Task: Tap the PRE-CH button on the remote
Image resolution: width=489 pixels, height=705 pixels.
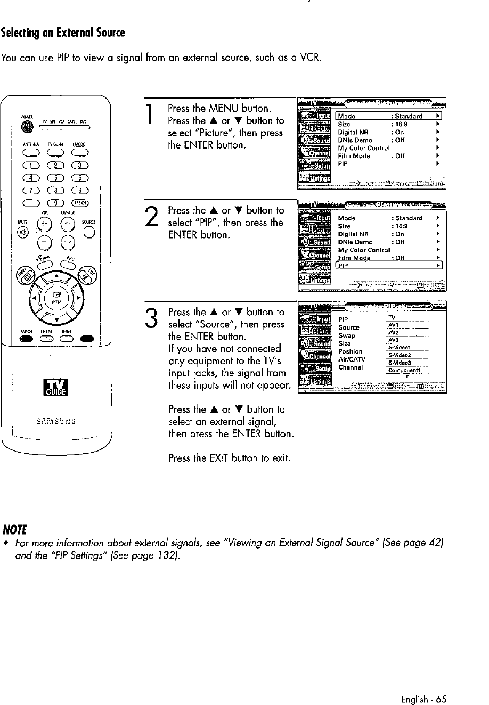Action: click(x=83, y=203)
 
